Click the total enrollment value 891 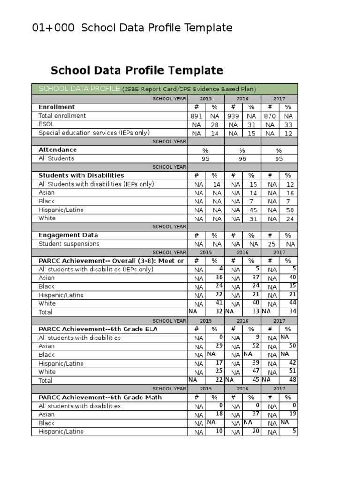(x=196, y=116)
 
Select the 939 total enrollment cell (x=233, y=116)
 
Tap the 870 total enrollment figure (x=270, y=116)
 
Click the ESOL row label (x=46, y=124)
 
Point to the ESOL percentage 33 (x=288, y=125)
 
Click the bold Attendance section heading (x=58, y=150)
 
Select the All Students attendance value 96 (x=242, y=159)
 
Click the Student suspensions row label (x=69, y=244)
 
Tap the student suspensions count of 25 (x=270, y=244)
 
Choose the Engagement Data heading (x=68, y=235)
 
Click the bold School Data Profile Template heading (x=136, y=71)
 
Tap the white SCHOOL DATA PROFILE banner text (x=79, y=89)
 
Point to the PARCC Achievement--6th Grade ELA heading (x=98, y=329)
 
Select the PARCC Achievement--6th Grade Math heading (x=100, y=397)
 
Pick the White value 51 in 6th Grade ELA (x=292, y=371)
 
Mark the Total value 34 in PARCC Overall (x=292, y=311)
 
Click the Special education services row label (x=94, y=133)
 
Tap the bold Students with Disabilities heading (x=81, y=175)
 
